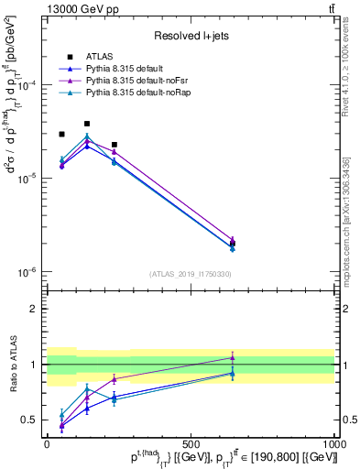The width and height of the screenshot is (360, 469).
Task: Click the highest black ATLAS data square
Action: [x=87, y=124]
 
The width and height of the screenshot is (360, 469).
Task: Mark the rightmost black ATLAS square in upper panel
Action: [x=233, y=244]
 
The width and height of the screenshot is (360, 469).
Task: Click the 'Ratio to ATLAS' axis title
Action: [x=12, y=365]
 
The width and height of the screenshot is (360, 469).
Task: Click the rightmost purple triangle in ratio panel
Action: [x=233, y=357]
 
